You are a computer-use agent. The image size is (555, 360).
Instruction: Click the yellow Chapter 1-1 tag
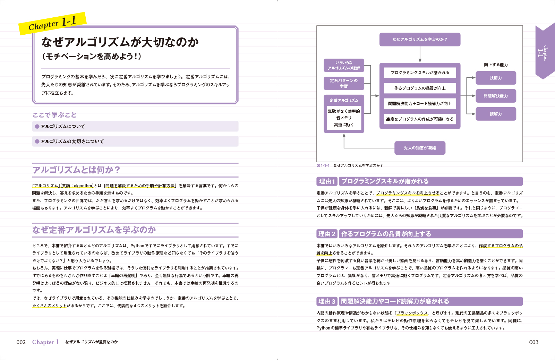(52, 24)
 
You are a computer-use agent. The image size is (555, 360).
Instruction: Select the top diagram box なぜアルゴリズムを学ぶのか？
(420, 40)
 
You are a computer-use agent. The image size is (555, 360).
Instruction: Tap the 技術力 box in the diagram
(496, 78)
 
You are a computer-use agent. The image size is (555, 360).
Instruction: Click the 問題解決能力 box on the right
(496, 96)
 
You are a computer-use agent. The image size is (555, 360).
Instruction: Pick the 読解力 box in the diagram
(496, 114)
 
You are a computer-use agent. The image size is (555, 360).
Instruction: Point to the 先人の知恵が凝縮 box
(420, 148)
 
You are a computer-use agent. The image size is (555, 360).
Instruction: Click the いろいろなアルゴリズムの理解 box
(344, 66)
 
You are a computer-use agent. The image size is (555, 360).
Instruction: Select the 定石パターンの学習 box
(344, 84)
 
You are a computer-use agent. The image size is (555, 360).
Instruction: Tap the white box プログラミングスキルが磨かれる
(420, 73)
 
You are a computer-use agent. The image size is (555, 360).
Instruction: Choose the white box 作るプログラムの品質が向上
(420, 88)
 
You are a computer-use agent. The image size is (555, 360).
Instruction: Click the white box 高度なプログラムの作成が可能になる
(420, 119)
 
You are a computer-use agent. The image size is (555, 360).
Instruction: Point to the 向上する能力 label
(496, 65)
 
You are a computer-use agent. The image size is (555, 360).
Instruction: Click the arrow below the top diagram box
(420, 54)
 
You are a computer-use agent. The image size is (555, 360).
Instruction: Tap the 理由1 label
(327, 181)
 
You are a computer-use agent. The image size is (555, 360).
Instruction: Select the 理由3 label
(327, 301)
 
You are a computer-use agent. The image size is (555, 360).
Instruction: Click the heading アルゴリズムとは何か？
(76, 170)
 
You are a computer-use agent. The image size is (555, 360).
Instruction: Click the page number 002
(21, 342)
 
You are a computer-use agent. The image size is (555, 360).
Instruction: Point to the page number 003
(533, 342)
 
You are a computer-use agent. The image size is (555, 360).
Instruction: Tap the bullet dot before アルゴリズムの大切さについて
(37, 142)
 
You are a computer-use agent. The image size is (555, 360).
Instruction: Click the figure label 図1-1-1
(323, 166)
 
